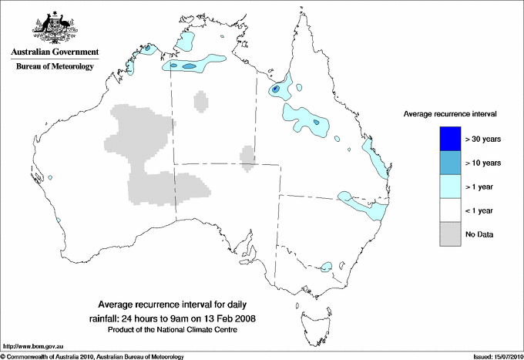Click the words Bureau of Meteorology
54,67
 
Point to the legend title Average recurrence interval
450,113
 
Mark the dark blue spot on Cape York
274,90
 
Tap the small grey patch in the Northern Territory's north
201,101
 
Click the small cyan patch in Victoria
326,267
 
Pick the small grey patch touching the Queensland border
247,156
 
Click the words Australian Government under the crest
54,52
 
